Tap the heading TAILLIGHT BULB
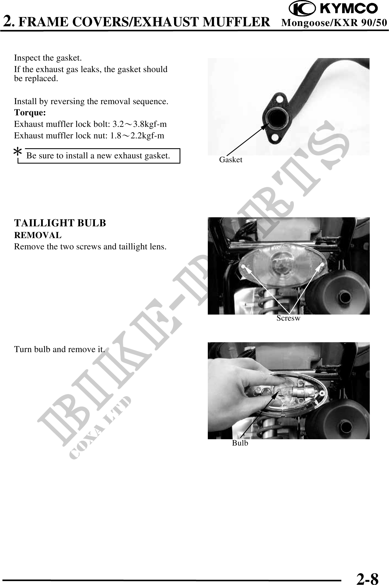(x=60, y=223)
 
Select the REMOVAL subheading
(x=38, y=235)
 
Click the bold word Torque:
(x=30, y=113)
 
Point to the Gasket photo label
(x=231, y=160)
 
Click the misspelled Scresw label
(x=288, y=318)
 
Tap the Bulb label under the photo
(x=240, y=443)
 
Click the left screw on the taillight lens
(x=243, y=266)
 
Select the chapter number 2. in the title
(x=9, y=21)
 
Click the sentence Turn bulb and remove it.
(x=59, y=350)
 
